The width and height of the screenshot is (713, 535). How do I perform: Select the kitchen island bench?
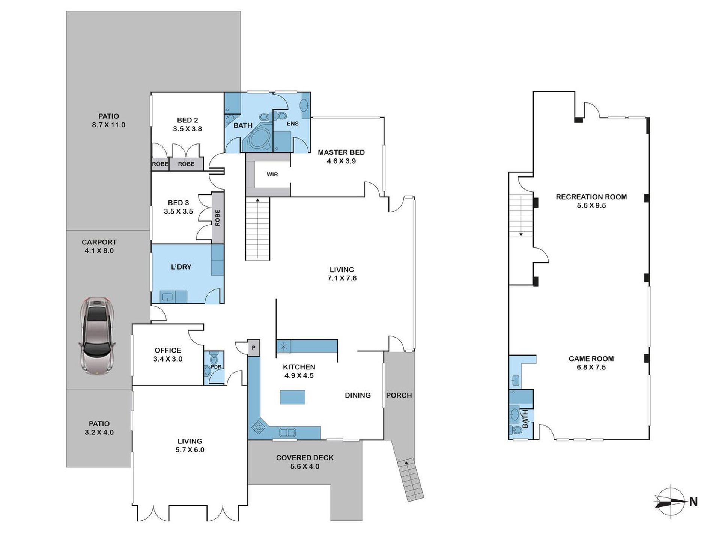coord(292,397)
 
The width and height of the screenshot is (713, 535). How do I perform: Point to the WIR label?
coord(272,175)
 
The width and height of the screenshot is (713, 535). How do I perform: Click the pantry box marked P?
coord(254,348)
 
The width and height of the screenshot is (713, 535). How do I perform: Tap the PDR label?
coord(216,367)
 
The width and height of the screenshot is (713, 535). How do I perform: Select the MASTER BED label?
coord(341,152)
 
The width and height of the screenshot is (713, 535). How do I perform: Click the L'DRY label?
coord(181,267)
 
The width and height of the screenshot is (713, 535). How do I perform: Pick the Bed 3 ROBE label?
coord(218,218)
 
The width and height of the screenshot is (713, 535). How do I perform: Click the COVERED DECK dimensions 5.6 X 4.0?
coord(305,467)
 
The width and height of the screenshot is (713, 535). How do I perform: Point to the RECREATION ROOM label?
coord(591,197)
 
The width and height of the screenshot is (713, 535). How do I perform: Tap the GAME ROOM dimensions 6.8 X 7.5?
coord(591,368)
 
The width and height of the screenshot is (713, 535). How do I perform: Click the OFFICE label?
coord(168,350)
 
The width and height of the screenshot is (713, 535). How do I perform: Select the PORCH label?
coord(399,395)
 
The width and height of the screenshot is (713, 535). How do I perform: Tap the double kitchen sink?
coord(287,433)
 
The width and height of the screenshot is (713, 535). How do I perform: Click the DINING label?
coord(358,395)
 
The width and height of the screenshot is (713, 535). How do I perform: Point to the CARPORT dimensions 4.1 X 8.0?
coord(99,251)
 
